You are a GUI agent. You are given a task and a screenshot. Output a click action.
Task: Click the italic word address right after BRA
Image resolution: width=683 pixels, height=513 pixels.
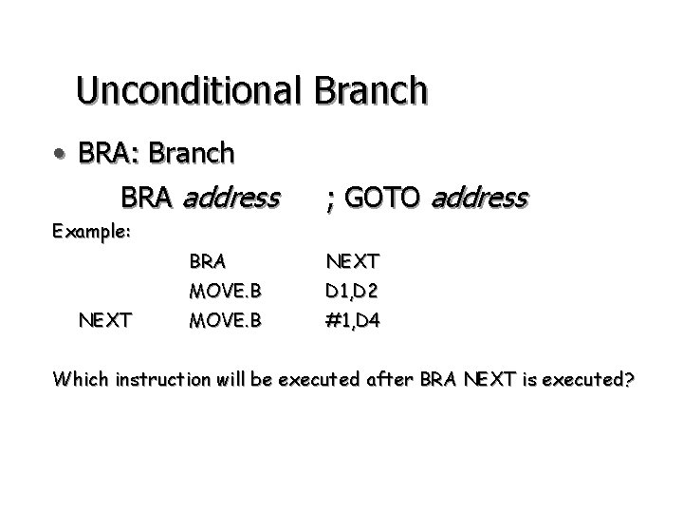(230, 198)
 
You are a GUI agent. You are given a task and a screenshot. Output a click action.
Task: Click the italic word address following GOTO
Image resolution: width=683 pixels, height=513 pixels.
(479, 198)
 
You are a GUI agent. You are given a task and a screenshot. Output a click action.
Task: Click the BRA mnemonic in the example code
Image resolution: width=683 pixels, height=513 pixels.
(207, 258)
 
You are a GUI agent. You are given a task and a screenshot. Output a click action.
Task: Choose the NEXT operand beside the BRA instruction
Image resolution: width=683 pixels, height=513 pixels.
(353, 258)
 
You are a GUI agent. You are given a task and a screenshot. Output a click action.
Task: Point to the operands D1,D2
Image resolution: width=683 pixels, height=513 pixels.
(353, 289)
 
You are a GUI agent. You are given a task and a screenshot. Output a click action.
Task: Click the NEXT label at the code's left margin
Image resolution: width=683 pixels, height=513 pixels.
(105, 320)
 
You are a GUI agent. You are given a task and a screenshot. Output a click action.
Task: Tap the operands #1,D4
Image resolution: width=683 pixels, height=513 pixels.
(353, 320)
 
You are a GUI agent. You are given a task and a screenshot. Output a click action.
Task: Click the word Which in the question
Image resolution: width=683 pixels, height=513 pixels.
(81, 380)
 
